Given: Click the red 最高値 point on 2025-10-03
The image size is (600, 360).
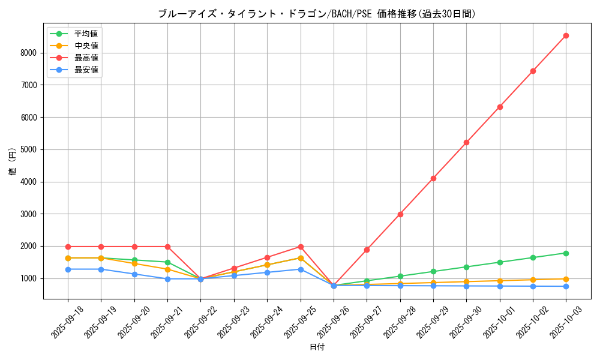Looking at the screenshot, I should click(x=566, y=36).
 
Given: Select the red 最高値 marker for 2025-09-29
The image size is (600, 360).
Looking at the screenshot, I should click(x=433, y=178).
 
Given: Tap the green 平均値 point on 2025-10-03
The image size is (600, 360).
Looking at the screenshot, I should click(x=566, y=253).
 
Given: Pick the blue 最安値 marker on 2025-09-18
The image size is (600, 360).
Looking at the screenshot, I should click(x=68, y=269).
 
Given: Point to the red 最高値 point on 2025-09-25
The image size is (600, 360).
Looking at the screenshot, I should click(x=301, y=247).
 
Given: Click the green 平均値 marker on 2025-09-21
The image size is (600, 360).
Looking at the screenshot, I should click(x=167, y=262).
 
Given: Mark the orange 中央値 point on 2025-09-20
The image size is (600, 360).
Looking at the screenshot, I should click(x=134, y=263).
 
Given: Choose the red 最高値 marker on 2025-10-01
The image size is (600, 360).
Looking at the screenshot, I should click(x=500, y=107).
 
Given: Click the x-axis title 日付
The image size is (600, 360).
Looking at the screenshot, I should click(x=317, y=347).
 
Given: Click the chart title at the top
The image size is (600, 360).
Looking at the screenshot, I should click(x=317, y=14).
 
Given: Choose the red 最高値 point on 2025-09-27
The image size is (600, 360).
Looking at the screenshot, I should click(x=367, y=250).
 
